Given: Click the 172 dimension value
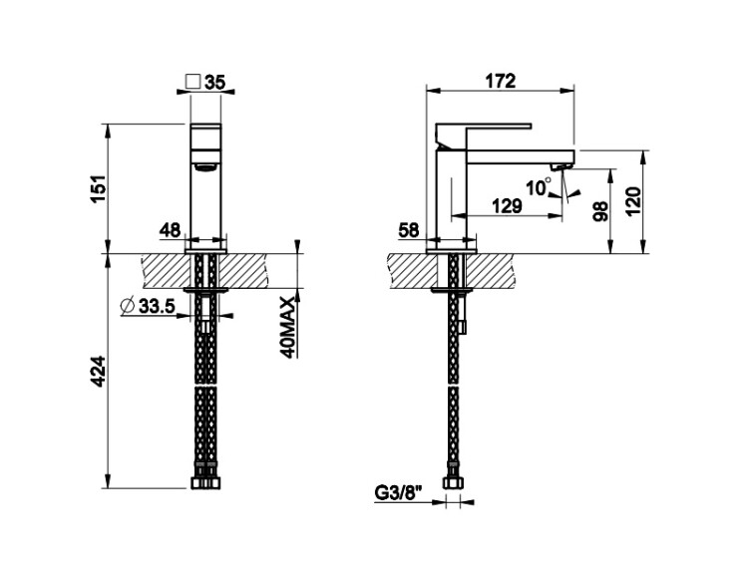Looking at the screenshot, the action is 501,81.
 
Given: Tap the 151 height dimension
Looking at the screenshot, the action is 99,188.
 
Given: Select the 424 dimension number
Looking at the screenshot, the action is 99,372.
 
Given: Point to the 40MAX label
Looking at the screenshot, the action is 288,327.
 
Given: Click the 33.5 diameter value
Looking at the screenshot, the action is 157,306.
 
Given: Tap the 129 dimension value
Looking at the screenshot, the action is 507,206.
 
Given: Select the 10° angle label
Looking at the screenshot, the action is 539,186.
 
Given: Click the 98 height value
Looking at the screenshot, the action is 600,211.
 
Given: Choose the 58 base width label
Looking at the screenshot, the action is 408,230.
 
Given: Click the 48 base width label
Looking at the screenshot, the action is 171,230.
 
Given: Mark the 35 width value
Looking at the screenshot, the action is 214,83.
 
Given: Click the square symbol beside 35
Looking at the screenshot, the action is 193,81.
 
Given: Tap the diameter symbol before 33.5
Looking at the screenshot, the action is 128,306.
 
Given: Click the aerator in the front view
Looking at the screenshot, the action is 205,166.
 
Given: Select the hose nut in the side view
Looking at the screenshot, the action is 452,482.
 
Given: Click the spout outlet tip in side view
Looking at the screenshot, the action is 561,166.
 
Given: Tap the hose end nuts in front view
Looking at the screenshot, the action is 205,482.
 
